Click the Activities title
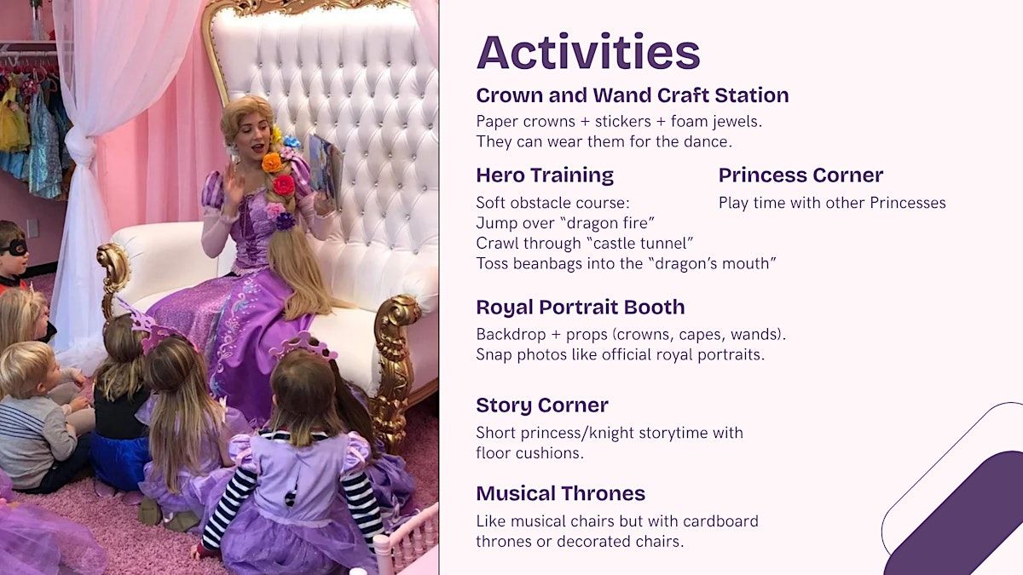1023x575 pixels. (x=588, y=51)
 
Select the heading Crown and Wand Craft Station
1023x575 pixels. (x=633, y=95)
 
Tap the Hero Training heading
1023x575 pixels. (x=545, y=175)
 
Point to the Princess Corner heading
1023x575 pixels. (x=800, y=175)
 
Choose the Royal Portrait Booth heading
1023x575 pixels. (x=581, y=308)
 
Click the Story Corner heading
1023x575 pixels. (x=542, y=405)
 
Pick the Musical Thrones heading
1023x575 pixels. (x=561, y=493)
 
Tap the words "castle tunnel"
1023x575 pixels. (x=644, y=244)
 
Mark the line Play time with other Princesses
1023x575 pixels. (x=832, y=203)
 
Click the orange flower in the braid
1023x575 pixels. (x=272, y=163)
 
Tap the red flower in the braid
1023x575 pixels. (x=283, y=185)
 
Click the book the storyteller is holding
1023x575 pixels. (x=325, y=170)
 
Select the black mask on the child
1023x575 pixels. (x=14, y=248)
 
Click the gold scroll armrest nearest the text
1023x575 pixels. (x=394, y=365)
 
